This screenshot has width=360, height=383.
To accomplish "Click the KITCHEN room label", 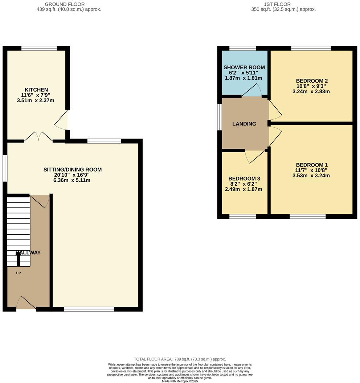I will point(36,90).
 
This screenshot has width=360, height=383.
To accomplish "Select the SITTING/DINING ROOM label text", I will point(73,169).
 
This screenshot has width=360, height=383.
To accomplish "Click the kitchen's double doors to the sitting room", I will point(38,137).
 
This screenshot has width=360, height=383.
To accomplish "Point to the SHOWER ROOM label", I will point(244,67).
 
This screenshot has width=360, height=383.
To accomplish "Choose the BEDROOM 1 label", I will point(312,164).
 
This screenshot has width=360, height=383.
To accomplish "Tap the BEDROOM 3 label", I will point(244,178).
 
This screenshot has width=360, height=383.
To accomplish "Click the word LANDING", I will point(244,124).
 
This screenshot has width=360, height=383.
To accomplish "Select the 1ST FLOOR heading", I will point(283,4).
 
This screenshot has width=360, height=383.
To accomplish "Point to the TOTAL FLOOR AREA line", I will point(180,358).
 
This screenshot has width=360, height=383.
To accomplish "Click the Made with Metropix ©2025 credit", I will point(180,381).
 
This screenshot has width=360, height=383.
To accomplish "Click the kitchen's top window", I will point(39,48).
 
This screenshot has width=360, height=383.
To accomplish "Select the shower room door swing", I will point(252,91).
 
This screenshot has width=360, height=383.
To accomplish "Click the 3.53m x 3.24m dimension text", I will point(312,176).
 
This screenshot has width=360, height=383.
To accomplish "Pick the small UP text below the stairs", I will point(18,273).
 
